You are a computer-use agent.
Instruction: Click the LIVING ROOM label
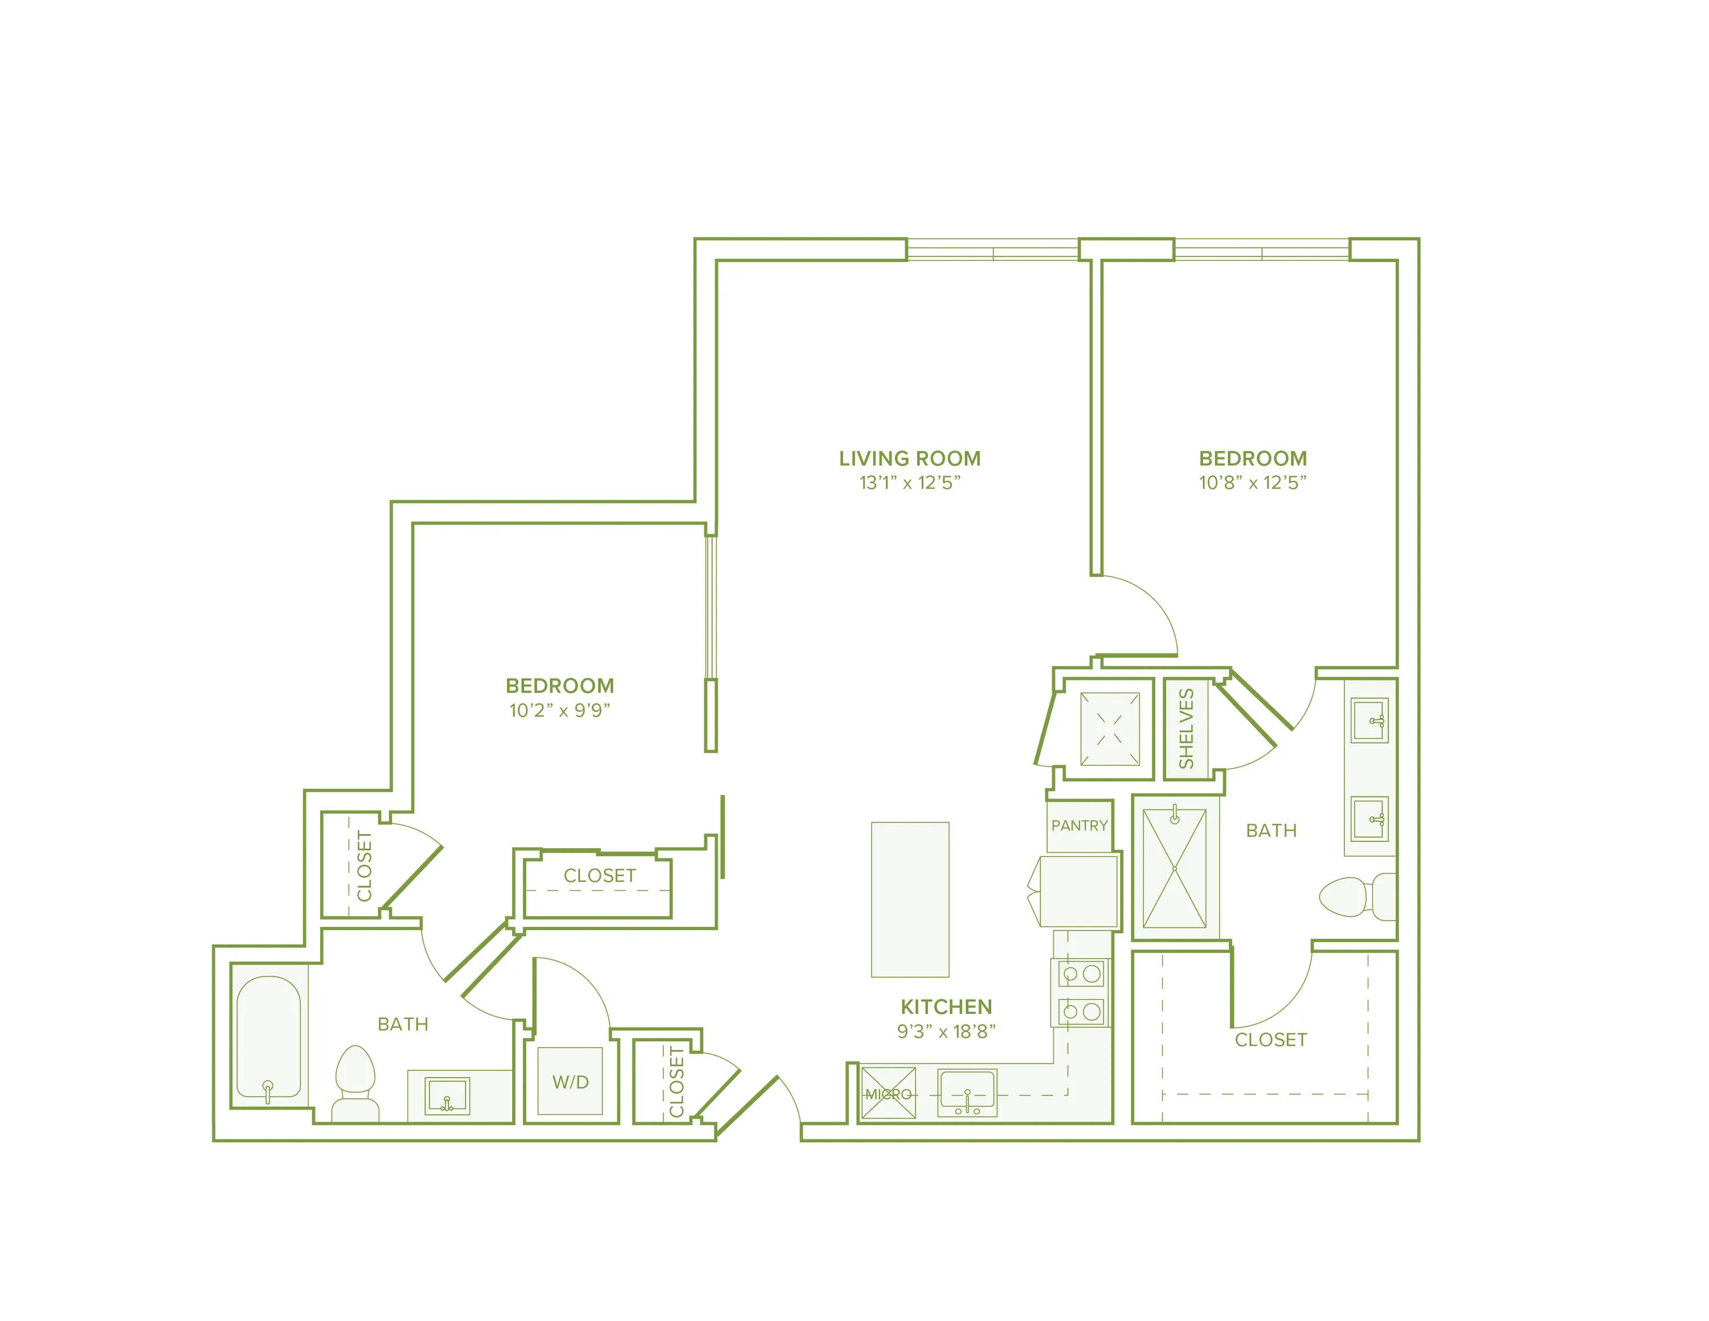(x=909, y=459)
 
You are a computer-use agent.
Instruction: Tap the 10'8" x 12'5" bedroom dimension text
(x=1252, y=483)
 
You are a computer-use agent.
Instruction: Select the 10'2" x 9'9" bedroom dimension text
(x=559, y=710)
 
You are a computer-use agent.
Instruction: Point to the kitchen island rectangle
(x=910, y=899)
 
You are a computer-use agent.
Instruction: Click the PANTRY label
(x=1079, y=825)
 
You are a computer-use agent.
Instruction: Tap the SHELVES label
(x=1186, y=729)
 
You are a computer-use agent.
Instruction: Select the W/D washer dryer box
(x=570, y=1082)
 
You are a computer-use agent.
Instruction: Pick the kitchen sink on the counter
(x=968, y=1093)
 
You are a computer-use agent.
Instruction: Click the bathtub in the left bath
(x=268, y=1036)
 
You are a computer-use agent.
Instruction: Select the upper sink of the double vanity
(x=1369, y=721)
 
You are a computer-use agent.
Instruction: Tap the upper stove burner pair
(x=1081, y=974)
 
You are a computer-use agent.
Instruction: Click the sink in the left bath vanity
(x=447, y=1095)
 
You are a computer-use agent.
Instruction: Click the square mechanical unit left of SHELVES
(x=1110, y=729)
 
